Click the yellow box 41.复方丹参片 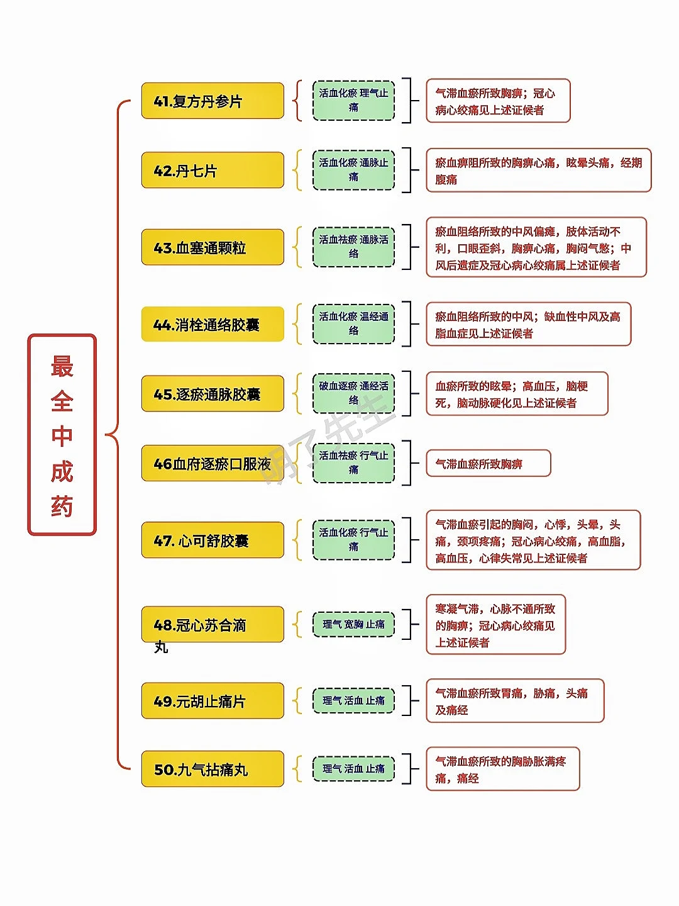pyautogui.click(x=213, y=101)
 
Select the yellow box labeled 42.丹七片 pyautogui.click(x=213, y=170)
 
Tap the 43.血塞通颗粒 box pyautogui.click(x=213, y=247)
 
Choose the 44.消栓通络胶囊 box pyautogui.click(x=213, y=325)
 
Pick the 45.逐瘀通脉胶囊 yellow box pyautogui.click(x=213, y=394)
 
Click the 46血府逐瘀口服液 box pyautogui.click(x=213, y=463)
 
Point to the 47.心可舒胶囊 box pyautogui.click(x=213, y=540)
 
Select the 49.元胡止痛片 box pyautogui.click(x=213, y=701)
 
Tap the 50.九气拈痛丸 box pyautogui.click(x=213, y=769)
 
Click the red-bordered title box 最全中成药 pyautogui.click(x=62, y=435)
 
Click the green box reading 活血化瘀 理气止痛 pyautogui.click(x=354, y=100)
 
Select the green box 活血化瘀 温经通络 pyautogui.click(x=354, y=324)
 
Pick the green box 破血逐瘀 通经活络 pyautogui.click(x=354, y=393)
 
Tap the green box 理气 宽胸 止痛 pyautogui.click(x=354, y=624)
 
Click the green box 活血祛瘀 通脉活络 pyautogui.click(x=354, y=247)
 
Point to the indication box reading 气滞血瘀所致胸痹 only pyautogui.click(x=489, y=463)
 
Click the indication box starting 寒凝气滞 pyautogui.click(x=495, y=625)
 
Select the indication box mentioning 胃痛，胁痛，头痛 pyautogui.click(x=515, y=701)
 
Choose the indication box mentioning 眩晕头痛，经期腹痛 pyautogui.click(x=539, y=170)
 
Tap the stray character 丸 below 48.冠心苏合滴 pyautogui.click(x=161, y=647)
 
